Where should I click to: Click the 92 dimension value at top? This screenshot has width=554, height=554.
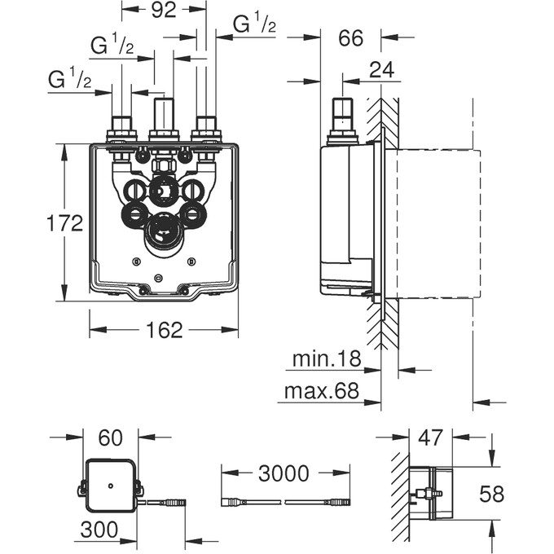pyautogui.click(x=164, y=11)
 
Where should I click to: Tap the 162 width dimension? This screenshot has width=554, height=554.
pyautogui.click(x=164, y=329)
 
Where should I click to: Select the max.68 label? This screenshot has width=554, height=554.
pyautogui.click(x=322, y=391)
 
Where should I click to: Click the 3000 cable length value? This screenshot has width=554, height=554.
pyautogui.click(x=284, y=473)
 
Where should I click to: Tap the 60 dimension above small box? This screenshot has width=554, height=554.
pyautogui.click(x=110, y=437)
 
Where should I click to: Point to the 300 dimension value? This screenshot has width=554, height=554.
pyautogui.click(x=99, y=530)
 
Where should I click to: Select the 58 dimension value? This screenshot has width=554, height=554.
pyautogui.click(x=490, y=494)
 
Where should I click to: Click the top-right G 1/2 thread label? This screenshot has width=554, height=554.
pyautogui.click(x=255, y=25)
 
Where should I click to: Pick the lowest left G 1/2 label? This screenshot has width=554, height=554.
pyautogui.click(x=69, y=79)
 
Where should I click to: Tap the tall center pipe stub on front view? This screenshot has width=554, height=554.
pyautogui.click(x=165, y=114)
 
